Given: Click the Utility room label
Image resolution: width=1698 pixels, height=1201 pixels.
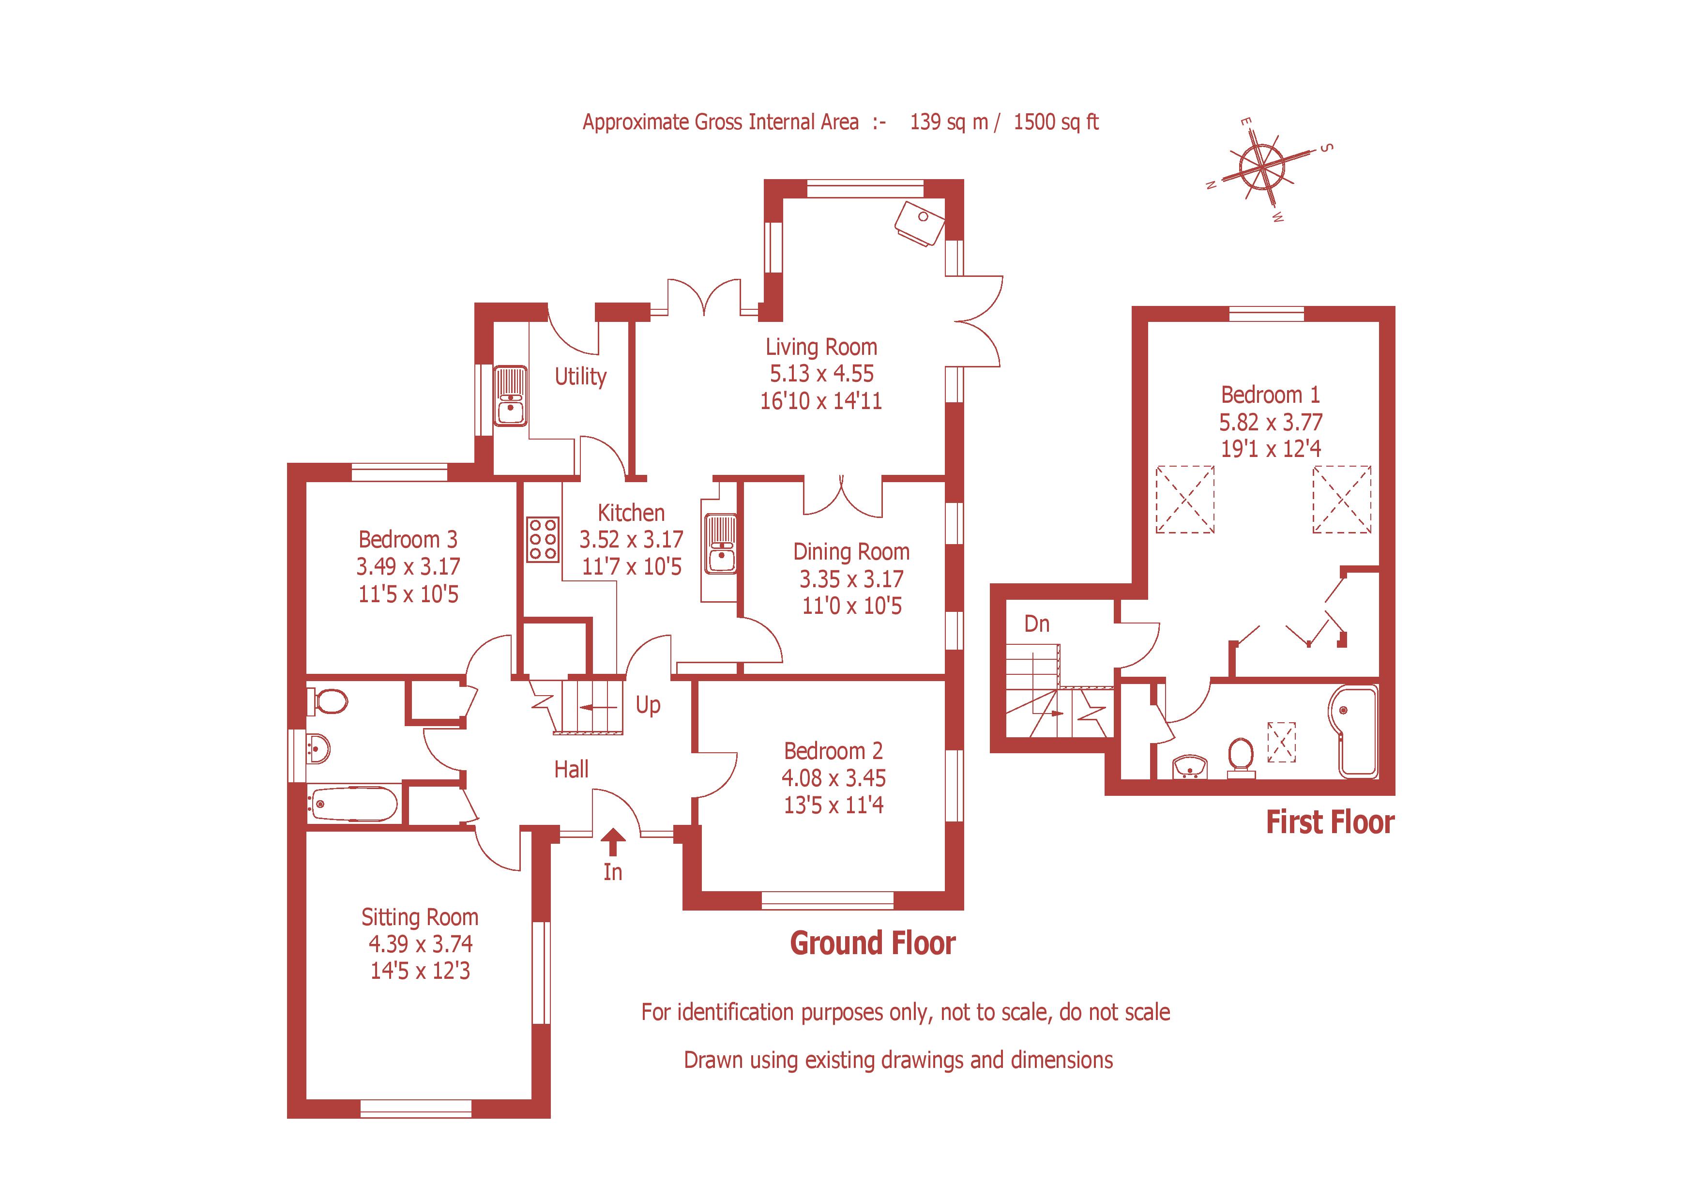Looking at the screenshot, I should pos(580,377).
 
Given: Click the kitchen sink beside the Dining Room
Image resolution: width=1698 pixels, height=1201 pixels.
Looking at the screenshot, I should pos(720,544).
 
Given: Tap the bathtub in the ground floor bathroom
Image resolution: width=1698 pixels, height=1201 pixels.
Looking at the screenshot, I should pos(353,803).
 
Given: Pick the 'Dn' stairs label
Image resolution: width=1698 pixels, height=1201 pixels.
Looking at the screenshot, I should pos(1037,624).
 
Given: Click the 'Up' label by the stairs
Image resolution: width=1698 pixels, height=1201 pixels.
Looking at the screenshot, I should pos(648,705).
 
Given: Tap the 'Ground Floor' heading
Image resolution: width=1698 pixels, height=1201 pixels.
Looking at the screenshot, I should pos(873,943).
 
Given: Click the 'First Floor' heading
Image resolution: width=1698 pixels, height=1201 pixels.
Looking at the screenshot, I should pos(1330,822).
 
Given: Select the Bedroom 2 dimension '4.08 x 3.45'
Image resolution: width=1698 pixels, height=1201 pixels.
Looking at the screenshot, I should pos(834,778).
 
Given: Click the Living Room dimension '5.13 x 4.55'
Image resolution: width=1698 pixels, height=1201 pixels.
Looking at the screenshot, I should pos(821,373).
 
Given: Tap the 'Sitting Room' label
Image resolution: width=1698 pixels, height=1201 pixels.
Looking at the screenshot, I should pos(419,917).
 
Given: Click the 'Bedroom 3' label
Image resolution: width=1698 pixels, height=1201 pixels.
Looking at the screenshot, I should pos(408,539).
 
